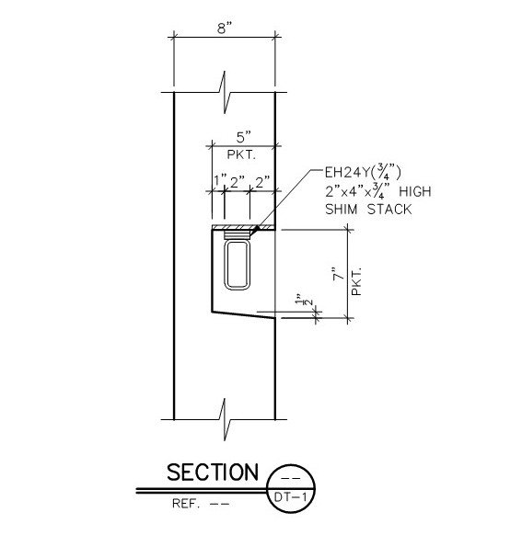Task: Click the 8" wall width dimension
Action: (225, 28)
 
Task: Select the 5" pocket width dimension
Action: (244, 137)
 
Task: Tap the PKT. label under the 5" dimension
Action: (241, 154)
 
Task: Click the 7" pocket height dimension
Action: (339, 274)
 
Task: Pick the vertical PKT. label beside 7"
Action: (356, 281)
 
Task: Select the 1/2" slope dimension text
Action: (303, 300)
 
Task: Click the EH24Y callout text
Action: (363, 173)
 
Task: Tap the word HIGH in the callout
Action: (415, 192)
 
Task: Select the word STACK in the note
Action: (389, 210)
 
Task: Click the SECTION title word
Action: (213, 473)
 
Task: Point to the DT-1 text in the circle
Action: (290, 496)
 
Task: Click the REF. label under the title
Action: (185, 504)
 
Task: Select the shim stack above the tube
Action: (237, 234)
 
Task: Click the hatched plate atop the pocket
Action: (244, 227)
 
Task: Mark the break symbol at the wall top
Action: (225, 92)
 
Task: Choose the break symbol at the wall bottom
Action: (225, 419)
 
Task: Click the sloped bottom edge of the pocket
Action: (244, 314)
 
